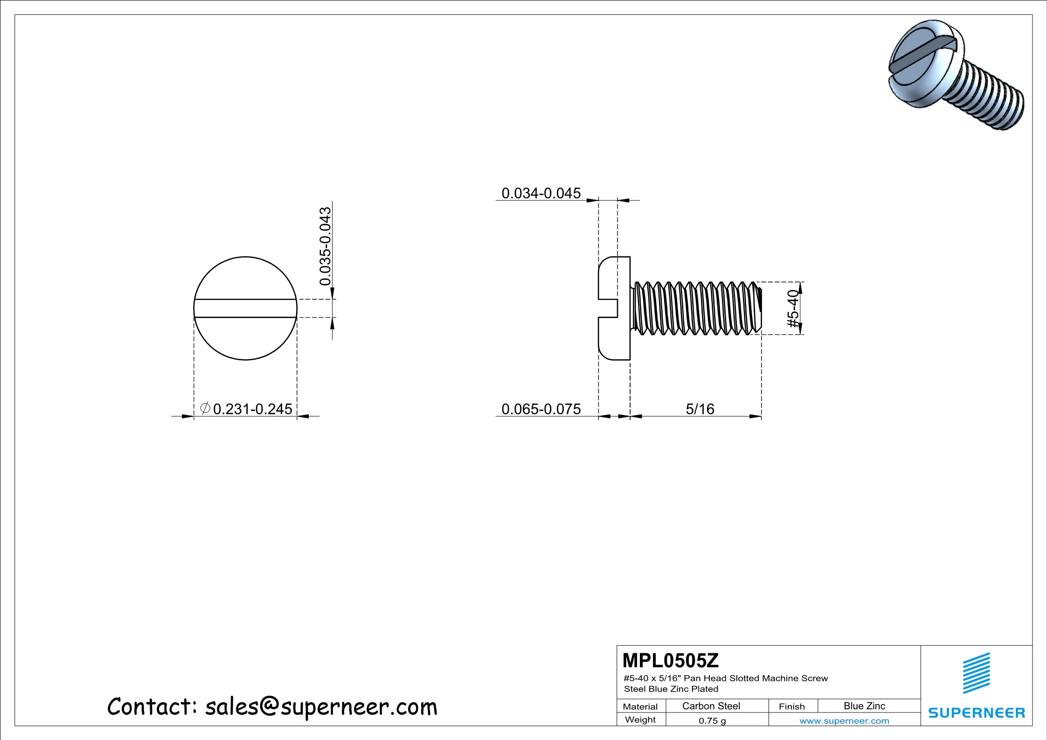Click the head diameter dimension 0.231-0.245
[x=252, y=409]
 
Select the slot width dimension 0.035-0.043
[x=325, y=246]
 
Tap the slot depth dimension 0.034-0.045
[x=541, y=193]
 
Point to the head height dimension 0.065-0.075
[x=541, y=409]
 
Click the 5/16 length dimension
[x=700, y=409]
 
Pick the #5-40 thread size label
[x=793, y=308]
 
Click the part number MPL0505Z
[x=670, y=661]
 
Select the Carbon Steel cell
[x=711, y=706]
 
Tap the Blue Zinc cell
[x=864, y=706]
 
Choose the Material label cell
[x=640, y=706]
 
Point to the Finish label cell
[x=791, y=706]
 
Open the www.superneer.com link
[x=844, y=721]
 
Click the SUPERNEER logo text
[x=977, y=713]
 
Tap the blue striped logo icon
[x=977, y=673]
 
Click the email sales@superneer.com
[x=321, y=707]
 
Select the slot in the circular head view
[x=245, y=308]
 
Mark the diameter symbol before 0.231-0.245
[x=205, y=408]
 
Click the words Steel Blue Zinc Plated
[x=671, y=689]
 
